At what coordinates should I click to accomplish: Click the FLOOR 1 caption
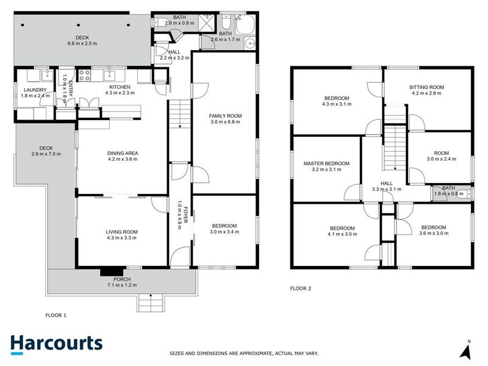point(56,315)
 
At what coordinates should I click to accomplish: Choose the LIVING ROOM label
point(122,232)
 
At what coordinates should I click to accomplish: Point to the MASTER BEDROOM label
point(326,163)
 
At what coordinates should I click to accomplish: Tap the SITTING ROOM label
point(426,87)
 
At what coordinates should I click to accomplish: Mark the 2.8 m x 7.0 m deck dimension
point(45,154)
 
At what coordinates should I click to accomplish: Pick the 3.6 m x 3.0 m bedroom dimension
point(434,233)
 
